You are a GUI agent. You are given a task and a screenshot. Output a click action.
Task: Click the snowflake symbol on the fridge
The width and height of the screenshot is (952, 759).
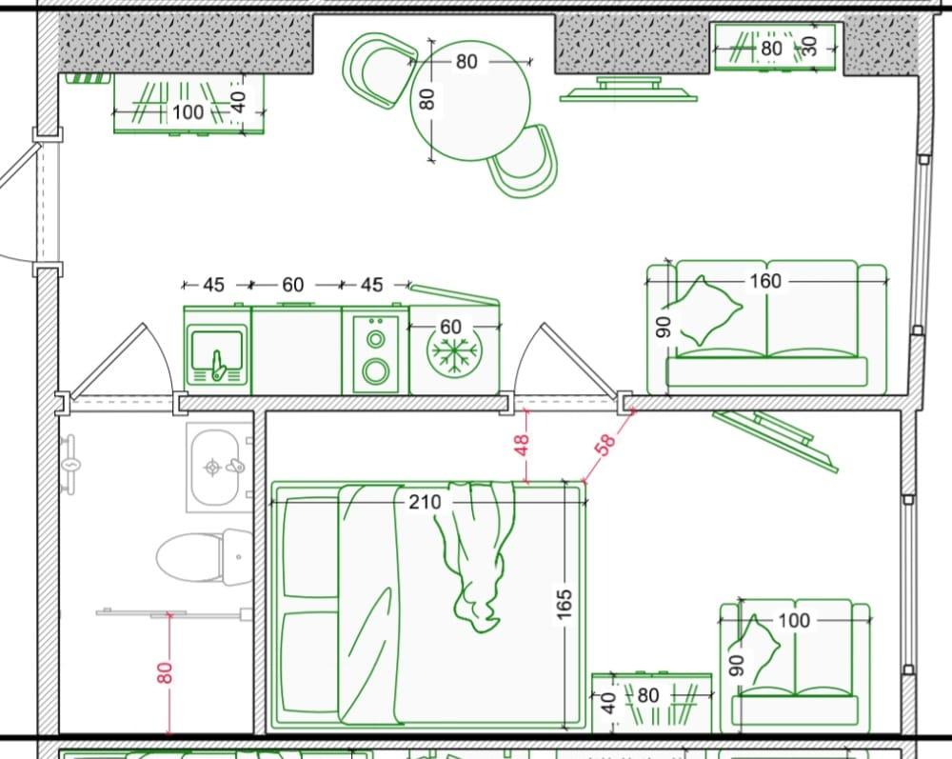point(454,352)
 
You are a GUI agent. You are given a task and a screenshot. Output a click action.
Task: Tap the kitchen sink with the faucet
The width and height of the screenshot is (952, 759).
point(217,355)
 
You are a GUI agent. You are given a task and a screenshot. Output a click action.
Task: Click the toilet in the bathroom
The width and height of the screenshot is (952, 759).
point(204,556)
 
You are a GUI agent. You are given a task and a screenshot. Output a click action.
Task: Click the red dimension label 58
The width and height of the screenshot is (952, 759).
point(605,443)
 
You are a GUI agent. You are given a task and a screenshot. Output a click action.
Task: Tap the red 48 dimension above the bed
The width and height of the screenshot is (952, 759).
point(522,446)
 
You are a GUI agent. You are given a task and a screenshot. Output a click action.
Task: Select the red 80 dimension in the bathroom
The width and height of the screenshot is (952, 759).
point(165,672)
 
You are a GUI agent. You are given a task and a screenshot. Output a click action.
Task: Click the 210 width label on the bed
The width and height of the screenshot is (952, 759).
point(425,502)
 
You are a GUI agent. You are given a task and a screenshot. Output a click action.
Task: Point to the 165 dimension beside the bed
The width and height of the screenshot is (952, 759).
point(564,604)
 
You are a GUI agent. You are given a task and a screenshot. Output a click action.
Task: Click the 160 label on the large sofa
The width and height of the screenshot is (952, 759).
point(765,281)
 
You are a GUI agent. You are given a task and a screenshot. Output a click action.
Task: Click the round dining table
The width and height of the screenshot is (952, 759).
point(470,101)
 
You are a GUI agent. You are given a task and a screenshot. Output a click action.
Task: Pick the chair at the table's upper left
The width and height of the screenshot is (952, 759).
point(380,70)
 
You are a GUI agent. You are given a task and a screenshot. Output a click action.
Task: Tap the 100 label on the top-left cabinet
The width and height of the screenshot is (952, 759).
point(188,112)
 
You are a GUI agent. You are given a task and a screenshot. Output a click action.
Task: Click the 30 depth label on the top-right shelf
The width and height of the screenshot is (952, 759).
point(810,46)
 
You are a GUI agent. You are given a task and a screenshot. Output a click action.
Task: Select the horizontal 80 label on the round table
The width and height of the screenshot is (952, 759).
point(466,62)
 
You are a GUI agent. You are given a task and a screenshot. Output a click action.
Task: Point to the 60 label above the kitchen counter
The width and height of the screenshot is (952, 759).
point(292,285)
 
